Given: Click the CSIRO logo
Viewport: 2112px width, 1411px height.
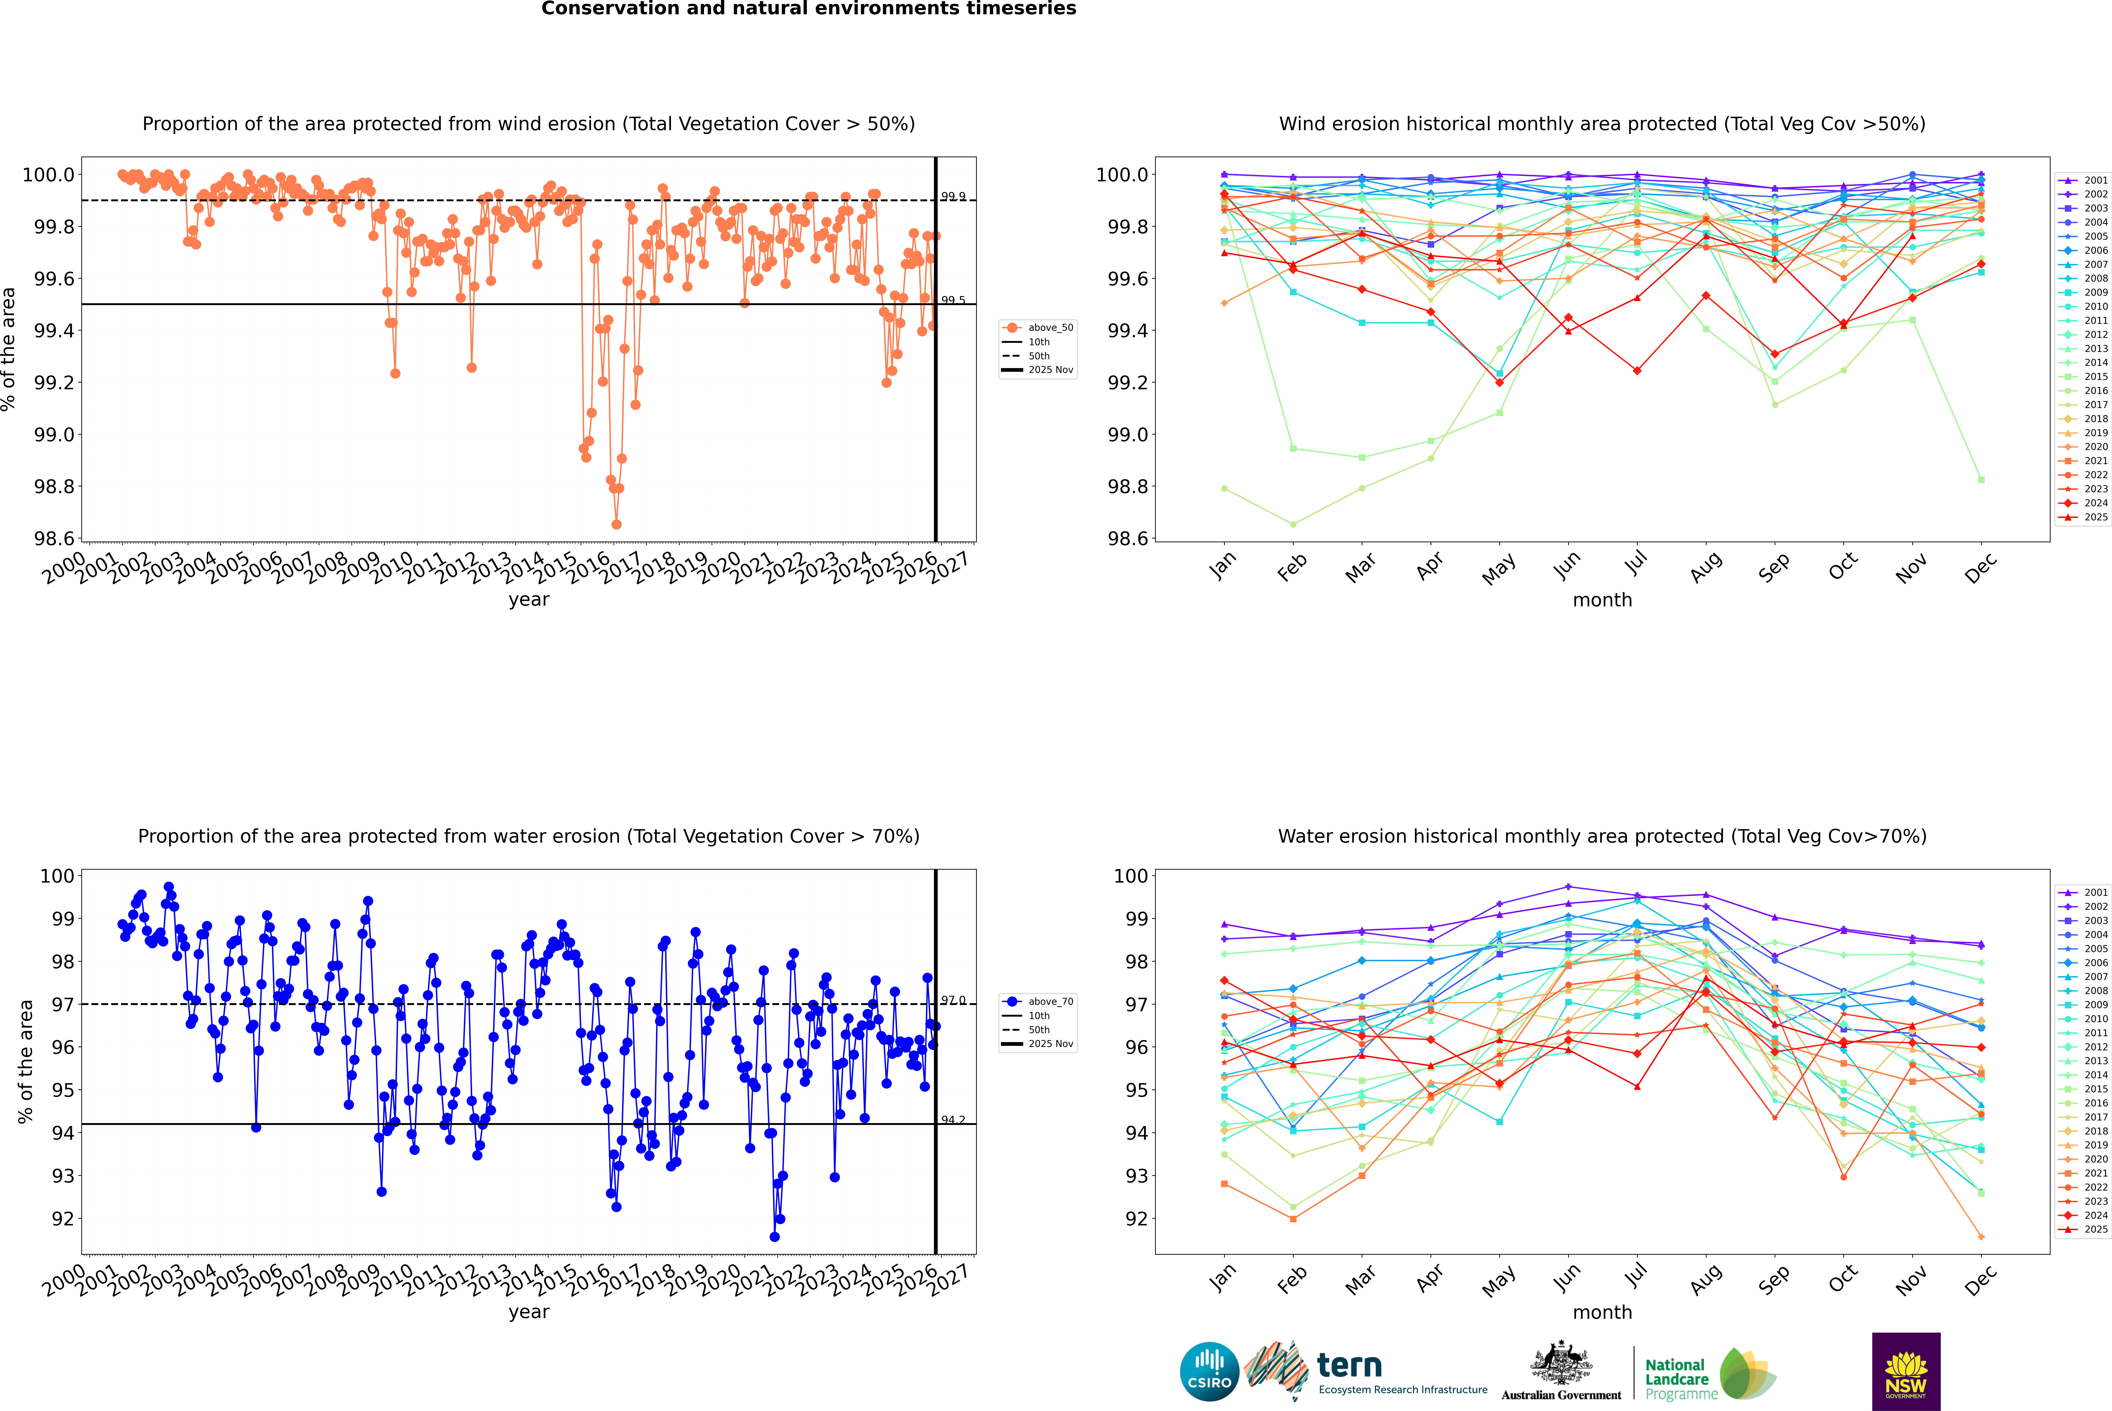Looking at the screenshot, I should click(x=1209, y=1371).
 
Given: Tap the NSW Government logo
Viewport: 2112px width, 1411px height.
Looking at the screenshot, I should click(x=1906, y=1371).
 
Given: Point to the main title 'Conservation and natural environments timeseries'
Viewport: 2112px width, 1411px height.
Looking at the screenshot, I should click(x=808, y=9).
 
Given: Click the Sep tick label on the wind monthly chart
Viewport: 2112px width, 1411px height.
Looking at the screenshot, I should click(x=1774, y=567).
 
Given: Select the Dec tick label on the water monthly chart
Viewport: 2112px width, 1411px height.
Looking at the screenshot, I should click(x=1981, y=1280).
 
